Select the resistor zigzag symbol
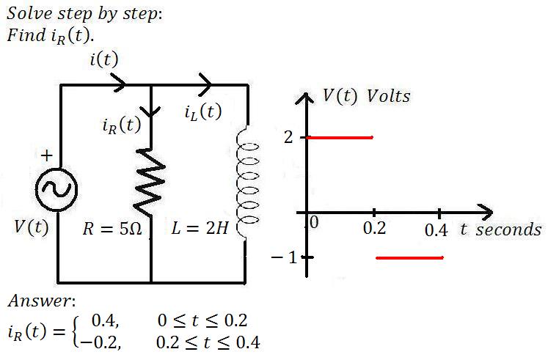coord(150,182)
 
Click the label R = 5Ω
coord(112,229)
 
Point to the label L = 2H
coord(200,228)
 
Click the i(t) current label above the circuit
coord(103,59)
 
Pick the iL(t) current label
coord(203,111)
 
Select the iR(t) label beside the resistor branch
coord(122,125)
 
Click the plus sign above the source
coord(47,155)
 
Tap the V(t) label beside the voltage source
coord(32,227)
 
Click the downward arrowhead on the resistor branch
coord(151,111)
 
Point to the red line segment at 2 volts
coord(340,138)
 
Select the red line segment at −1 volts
coord(409,258)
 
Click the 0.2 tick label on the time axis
coord(374,228)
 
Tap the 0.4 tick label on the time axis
coord(436,230)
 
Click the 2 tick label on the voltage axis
coord(288,137)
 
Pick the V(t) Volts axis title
coord(366,95)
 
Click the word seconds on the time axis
coord(508,229)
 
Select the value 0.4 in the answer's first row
coord(104,320)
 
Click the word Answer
coord(42,301)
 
